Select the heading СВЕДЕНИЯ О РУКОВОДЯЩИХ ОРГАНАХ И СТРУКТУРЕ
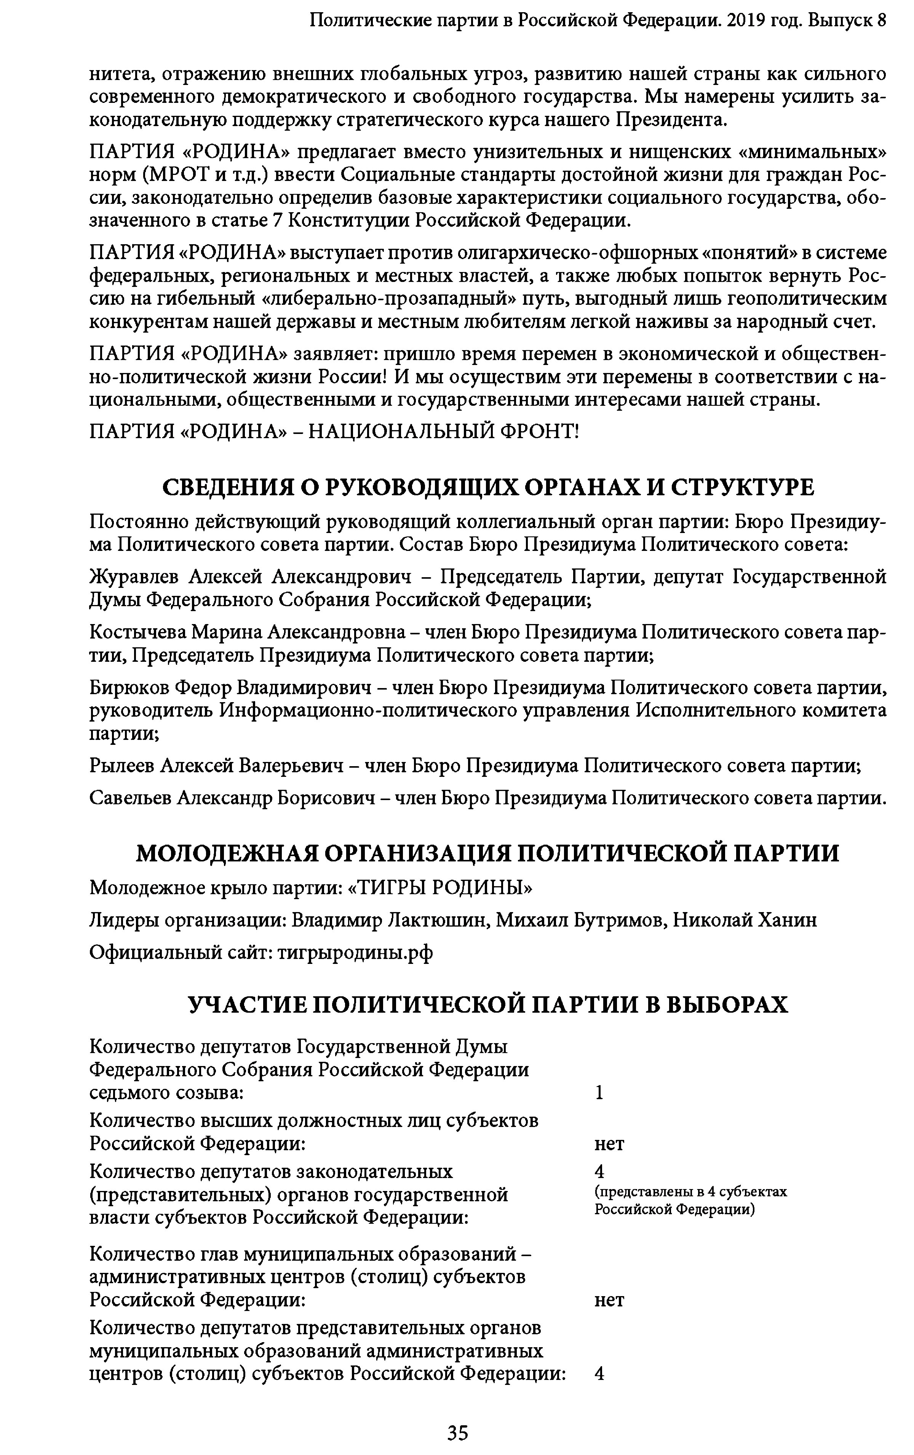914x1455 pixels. point(488,487)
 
